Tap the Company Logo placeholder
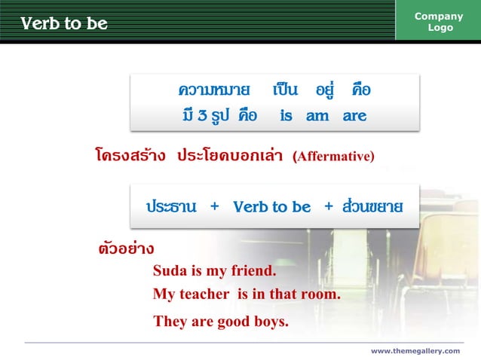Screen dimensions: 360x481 coord(439,22)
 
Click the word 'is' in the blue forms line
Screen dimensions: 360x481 coord(286,116)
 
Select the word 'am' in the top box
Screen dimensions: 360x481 coord(317,116)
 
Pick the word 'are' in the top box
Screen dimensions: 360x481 coord(354,116)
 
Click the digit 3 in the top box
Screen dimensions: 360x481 coord(203,116)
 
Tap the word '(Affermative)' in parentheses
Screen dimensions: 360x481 coord(333,157)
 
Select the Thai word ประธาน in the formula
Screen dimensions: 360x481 coord(171,206)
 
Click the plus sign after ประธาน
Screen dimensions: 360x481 coord(215,206)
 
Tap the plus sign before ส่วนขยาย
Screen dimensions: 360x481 coord(328,206)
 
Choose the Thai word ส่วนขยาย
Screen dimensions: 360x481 coord(372,206)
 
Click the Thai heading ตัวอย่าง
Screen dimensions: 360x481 coord(127,248)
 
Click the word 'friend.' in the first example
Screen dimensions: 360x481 coord(252,270)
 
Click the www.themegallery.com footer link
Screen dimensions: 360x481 coord(415,351)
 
